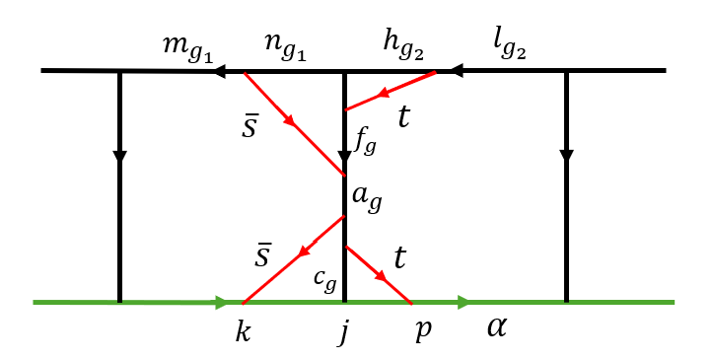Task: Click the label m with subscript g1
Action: (x=186, y=47)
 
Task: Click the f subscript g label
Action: (x=364, y=144)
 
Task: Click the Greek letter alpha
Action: (x=496, y=326)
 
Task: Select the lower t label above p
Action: (x=400, y=259)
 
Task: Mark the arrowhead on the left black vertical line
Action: (x=119, y=156)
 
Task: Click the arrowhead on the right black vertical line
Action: (x=566, y=156)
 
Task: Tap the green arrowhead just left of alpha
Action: (x=462, y=301)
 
